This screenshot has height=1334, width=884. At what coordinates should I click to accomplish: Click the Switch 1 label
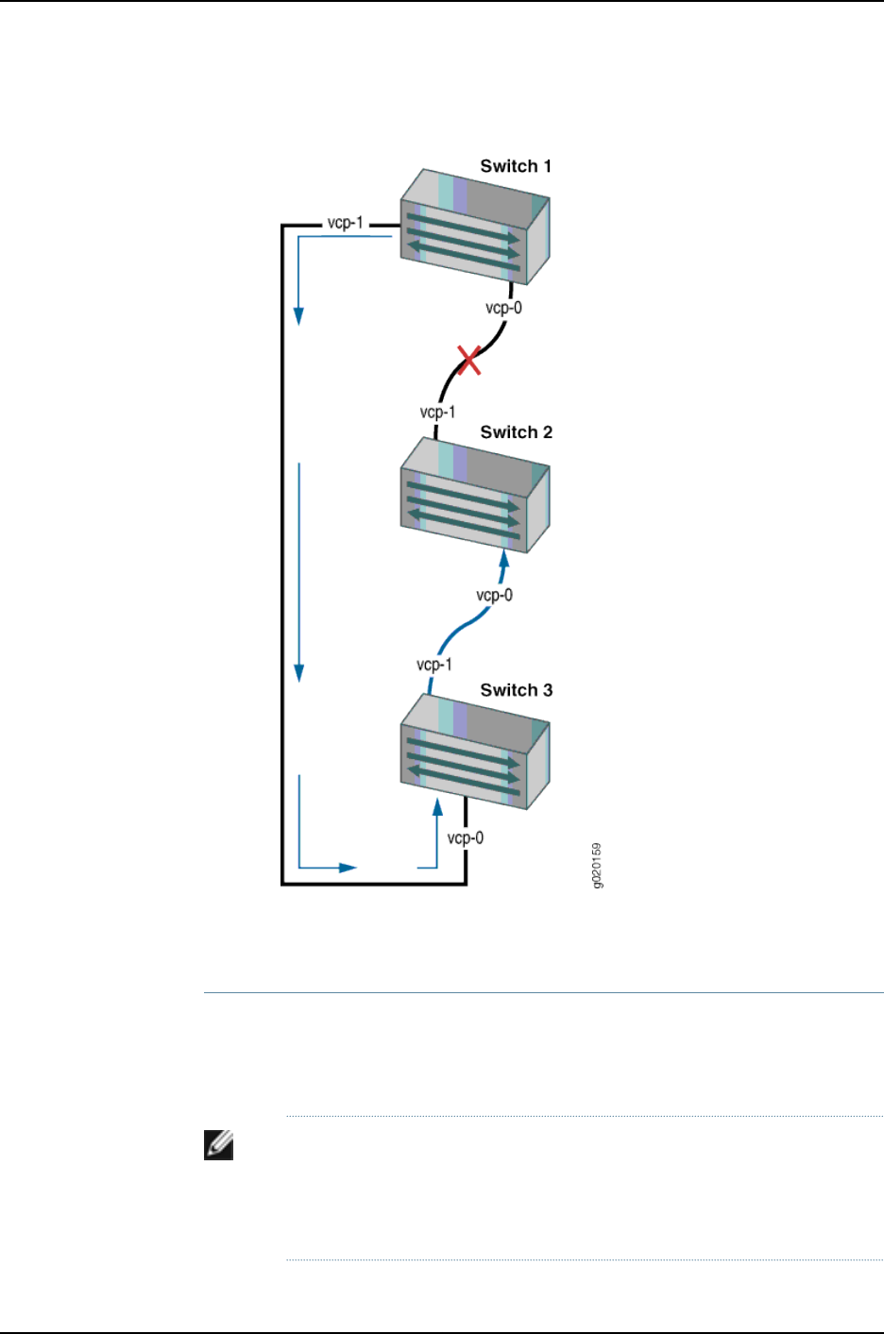coord(516,166)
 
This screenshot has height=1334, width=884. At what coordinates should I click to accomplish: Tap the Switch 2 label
coord(516,432)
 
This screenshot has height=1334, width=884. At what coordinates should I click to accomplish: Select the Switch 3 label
coord(516,690)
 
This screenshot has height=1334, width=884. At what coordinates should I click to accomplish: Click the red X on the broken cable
coord(469,360)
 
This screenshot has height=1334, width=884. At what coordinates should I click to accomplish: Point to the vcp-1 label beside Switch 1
coord(345,223)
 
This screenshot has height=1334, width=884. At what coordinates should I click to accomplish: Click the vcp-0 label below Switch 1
coord(503,308)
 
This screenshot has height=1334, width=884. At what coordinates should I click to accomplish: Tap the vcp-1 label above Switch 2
coord(437,413)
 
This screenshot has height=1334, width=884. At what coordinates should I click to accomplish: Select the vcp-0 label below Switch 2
coord(494,595)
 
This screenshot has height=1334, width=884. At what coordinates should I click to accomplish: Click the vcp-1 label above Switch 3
coord(434,665)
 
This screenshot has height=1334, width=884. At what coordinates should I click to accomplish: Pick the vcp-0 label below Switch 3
coord(465,837)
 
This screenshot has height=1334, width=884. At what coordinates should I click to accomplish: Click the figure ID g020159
coord(597,865)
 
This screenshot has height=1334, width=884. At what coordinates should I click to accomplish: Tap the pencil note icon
coord(218,1145)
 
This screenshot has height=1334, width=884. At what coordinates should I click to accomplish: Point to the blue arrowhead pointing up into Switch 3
coord(437,806)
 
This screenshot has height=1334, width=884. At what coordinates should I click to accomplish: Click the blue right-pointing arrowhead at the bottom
coord(348,867)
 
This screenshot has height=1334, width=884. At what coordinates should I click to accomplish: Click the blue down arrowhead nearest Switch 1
coord(299,315)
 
